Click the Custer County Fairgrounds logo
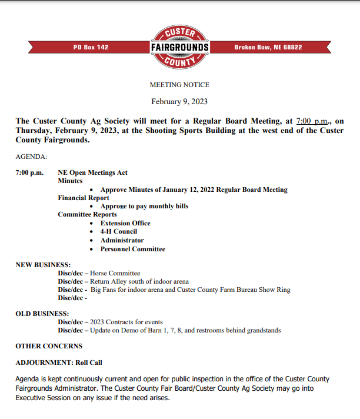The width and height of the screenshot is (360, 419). coord(179,46)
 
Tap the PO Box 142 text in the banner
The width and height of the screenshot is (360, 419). coord(91,47)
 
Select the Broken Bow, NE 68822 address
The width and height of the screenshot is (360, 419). coord(268,47)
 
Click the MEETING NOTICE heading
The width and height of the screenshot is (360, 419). coord(179,85)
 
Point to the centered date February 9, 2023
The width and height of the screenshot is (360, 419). coord(179,101)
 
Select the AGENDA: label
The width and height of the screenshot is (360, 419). coord(31,157)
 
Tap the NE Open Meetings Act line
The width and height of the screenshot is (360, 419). coord(92,172)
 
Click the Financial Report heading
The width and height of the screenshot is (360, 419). coord(83,198)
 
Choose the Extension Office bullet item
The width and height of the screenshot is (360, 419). coord(125,223)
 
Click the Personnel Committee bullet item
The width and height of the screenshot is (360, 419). coord(132,249)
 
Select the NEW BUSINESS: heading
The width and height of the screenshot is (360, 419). coord(43,265)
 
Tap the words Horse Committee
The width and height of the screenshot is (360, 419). coord(115,273)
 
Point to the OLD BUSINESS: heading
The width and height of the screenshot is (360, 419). coord(42,314)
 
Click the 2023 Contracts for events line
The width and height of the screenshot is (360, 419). coord(126,322)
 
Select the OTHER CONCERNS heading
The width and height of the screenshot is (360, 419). coord(49,346)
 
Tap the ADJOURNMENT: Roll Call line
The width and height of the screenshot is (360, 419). coord(59,363)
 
